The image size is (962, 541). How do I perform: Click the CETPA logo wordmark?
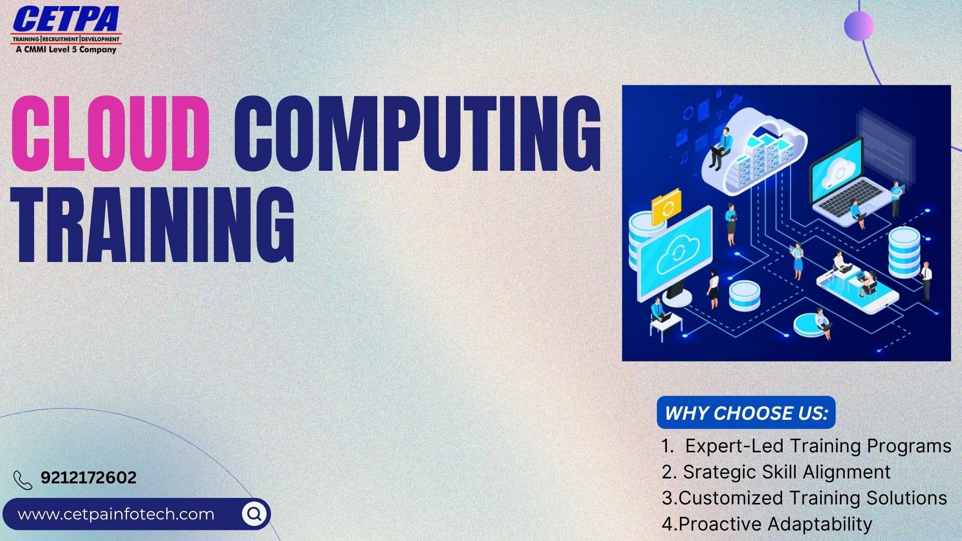click(66, 20)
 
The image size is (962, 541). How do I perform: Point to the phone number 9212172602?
click(89, 477)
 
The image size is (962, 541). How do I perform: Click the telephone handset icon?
click(23, 480)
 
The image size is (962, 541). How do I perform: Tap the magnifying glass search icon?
click(255, 513)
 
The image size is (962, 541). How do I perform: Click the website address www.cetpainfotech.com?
click(116, 514)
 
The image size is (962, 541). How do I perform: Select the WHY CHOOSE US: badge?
click(746, 413)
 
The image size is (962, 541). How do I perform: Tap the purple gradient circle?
click(859, 26)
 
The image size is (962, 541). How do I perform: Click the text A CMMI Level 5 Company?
click(66, 49)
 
